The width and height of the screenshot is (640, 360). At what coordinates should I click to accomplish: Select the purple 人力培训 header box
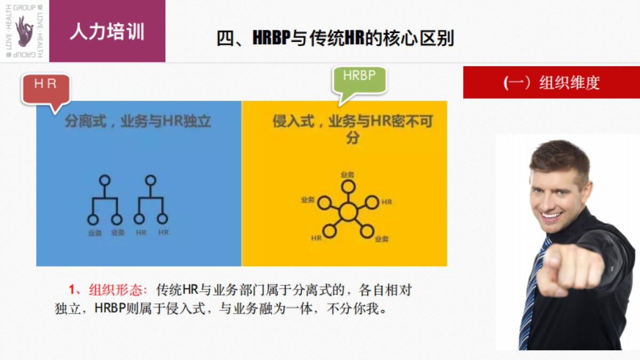click(x=107, y=31)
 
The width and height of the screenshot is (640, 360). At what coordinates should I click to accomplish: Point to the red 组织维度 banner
click(x=551, y=83)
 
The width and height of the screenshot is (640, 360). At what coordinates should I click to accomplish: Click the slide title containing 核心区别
click(x=335, y=38)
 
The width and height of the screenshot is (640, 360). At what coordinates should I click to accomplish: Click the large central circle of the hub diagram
click(x=348, y=212)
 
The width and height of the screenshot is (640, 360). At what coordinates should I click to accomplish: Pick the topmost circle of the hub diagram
click(x=348, y=186)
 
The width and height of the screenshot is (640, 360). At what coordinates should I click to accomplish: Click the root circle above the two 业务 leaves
click(x=105, y=180)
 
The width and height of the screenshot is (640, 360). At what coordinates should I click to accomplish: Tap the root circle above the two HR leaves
click(x=151, y=180)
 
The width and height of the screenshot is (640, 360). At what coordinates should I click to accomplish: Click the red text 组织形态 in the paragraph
click(x=117, y=291)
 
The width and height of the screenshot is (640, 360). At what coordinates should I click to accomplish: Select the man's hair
click(x=557, y=155)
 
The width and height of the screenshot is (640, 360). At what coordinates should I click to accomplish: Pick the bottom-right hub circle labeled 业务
click(x=366, y=231)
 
